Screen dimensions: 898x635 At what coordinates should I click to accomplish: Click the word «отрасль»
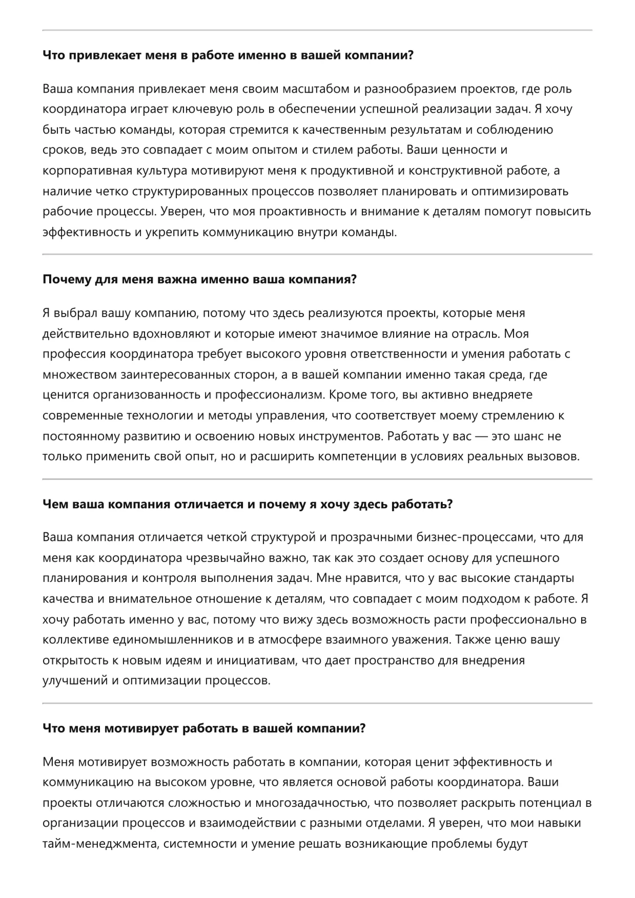click(x=475, y=333)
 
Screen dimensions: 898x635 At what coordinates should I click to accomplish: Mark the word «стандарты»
click(x=541, y=578)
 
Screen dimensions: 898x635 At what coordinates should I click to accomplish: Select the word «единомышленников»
click(x=166, y=640)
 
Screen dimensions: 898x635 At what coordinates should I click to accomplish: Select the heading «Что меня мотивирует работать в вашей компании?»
click(x=204, y=728)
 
